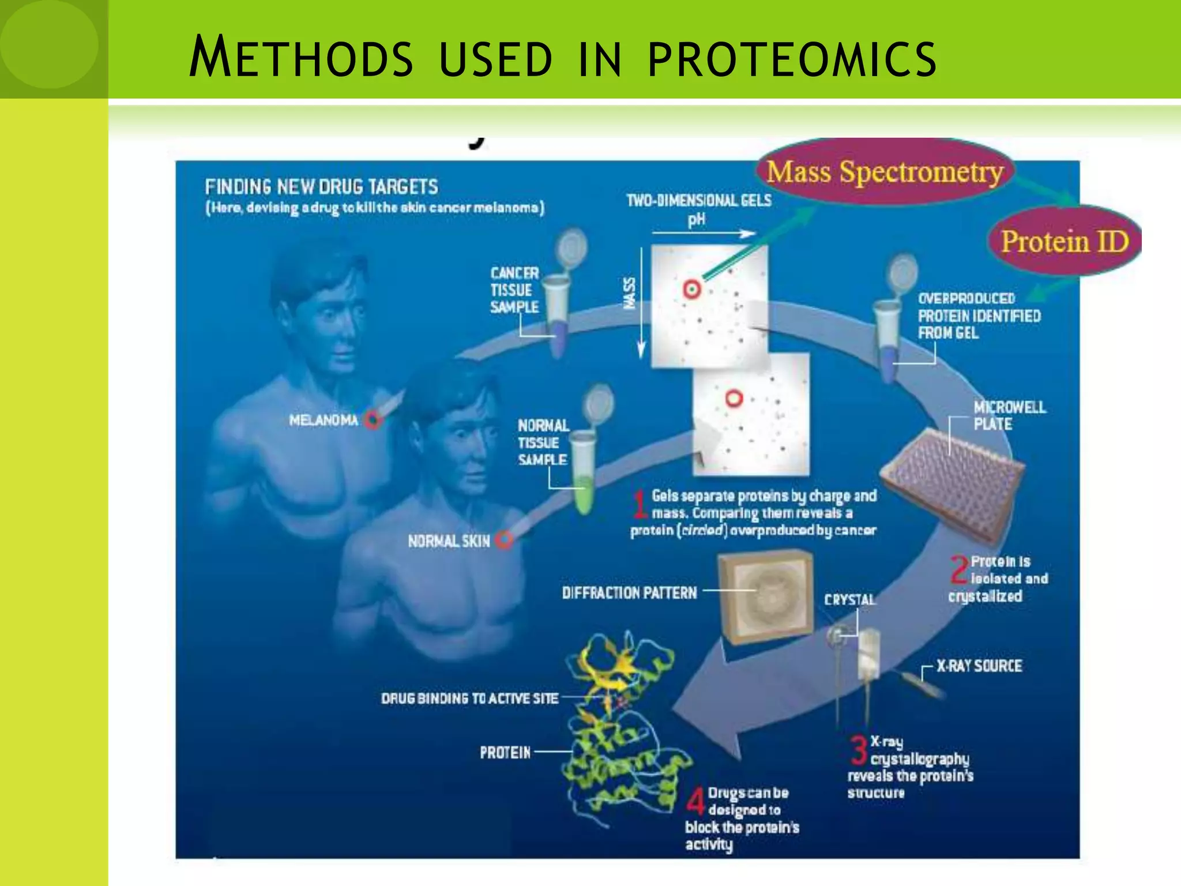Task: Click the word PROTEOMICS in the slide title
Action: [x=792, y=58]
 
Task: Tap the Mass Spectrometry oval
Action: [x=885, y=172]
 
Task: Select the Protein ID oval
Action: [x=1065, y=241]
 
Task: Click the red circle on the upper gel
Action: [x=691, y=289]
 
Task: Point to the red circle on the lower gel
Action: [x=734, y=398]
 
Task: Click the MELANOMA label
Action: [x=324, y=420]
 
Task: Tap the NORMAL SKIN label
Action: [x=449, y=541]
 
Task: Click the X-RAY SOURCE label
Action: [x=979, y=666]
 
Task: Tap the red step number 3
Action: [x=859, y=749]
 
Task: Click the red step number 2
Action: [x=960, y=570]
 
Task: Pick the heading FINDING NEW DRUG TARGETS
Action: [x=321, y=187]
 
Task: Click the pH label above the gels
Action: [x=696, y=220]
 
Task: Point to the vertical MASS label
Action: [x=629, y=292]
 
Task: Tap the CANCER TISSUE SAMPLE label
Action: [x=514, y=290]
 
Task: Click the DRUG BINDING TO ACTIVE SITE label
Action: [x=469, y=699]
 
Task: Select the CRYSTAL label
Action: [x=849, y=600]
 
